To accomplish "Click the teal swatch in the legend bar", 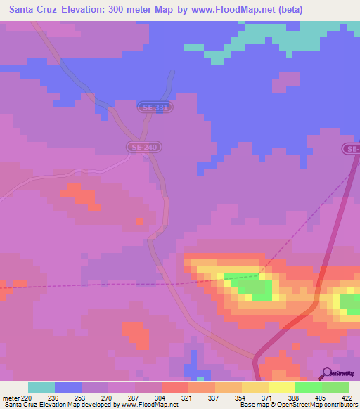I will point(41,387).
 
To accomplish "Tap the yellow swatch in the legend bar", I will point(281,387).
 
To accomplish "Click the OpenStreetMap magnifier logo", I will point(328,373).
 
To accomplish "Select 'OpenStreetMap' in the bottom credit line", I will point(307,405).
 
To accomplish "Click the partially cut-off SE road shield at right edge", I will point(352,149).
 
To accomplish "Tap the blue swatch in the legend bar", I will point(67,387).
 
